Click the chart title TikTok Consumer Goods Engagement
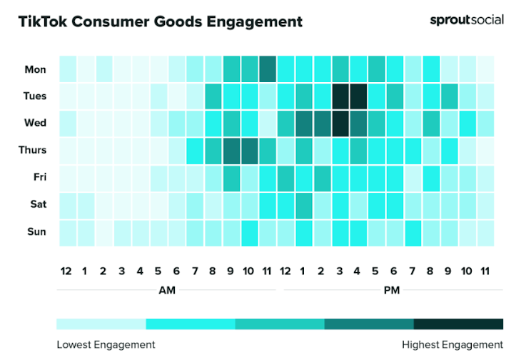[x=161, y=22]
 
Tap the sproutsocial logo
[x=466, y=20]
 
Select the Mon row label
[x=35, y=69]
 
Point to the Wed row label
[x=35, y=123]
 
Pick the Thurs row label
[x=33, y=150]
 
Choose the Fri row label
[x=38, y=177]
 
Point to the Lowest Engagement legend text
[x=106, y=345]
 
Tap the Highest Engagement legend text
[x=452, y=345]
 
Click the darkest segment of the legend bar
[x=458, y=324]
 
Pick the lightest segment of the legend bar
[x=101, y=324]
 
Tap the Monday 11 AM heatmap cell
[x=268, y=69]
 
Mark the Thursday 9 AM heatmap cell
[x=231, y=150]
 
